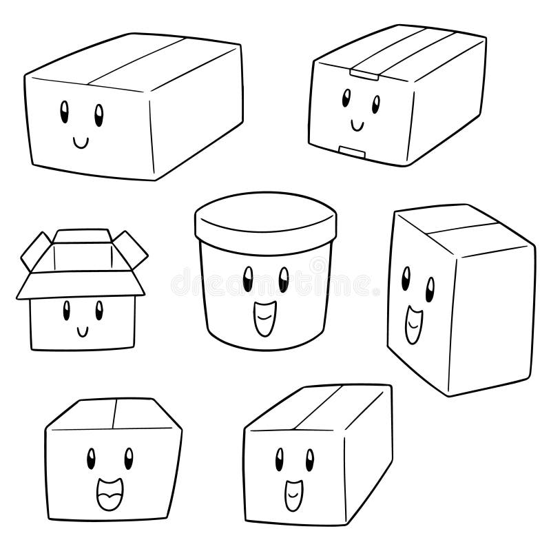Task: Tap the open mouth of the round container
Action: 264,320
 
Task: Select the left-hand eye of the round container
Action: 248,279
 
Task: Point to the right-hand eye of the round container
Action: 283,279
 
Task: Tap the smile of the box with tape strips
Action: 357,125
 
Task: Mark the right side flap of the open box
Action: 132,251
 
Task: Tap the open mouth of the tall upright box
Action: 413,323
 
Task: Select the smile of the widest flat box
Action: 81,142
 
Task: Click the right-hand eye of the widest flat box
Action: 98,112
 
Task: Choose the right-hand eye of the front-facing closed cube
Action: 128,456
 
